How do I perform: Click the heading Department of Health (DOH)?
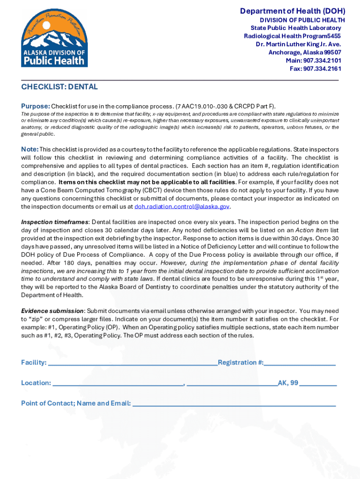292,11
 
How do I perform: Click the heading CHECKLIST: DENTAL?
59,87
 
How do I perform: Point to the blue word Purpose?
35,106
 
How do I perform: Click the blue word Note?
30,149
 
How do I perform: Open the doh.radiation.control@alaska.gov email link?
182,207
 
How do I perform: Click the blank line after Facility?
133,363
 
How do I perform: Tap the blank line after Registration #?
300,363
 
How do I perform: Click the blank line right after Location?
118,384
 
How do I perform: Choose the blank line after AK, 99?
318,384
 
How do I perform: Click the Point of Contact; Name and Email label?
76,403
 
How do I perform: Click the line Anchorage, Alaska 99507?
304,52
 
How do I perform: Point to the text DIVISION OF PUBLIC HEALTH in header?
302,20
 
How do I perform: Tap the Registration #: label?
240,363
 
